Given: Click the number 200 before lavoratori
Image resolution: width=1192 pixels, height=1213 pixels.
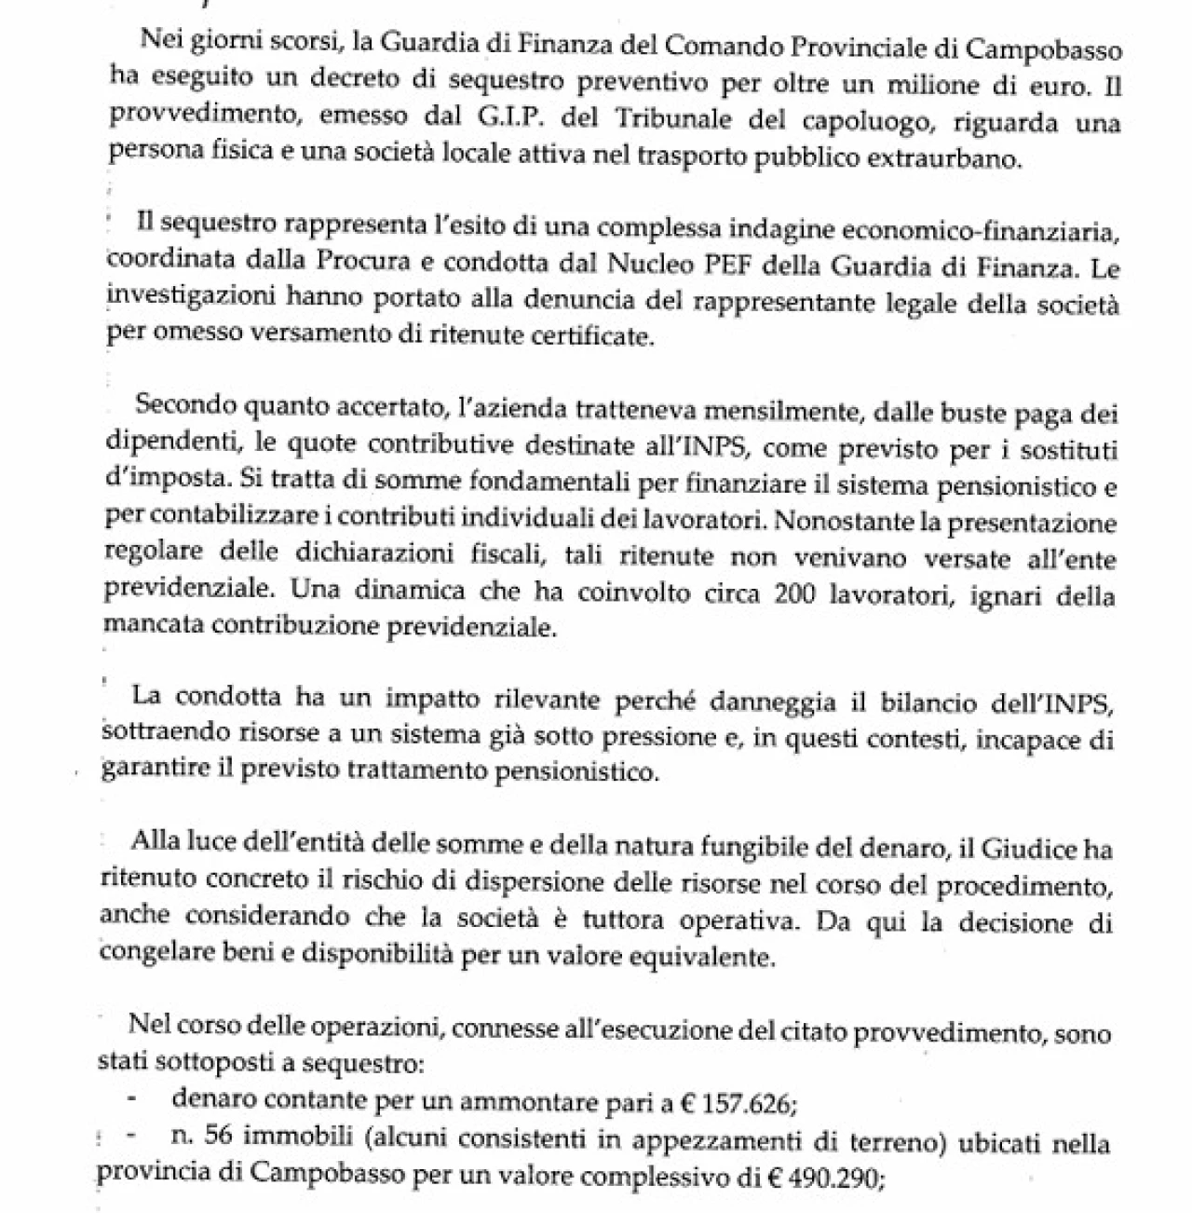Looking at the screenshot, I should pyautogui.click(x=796, y=595).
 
